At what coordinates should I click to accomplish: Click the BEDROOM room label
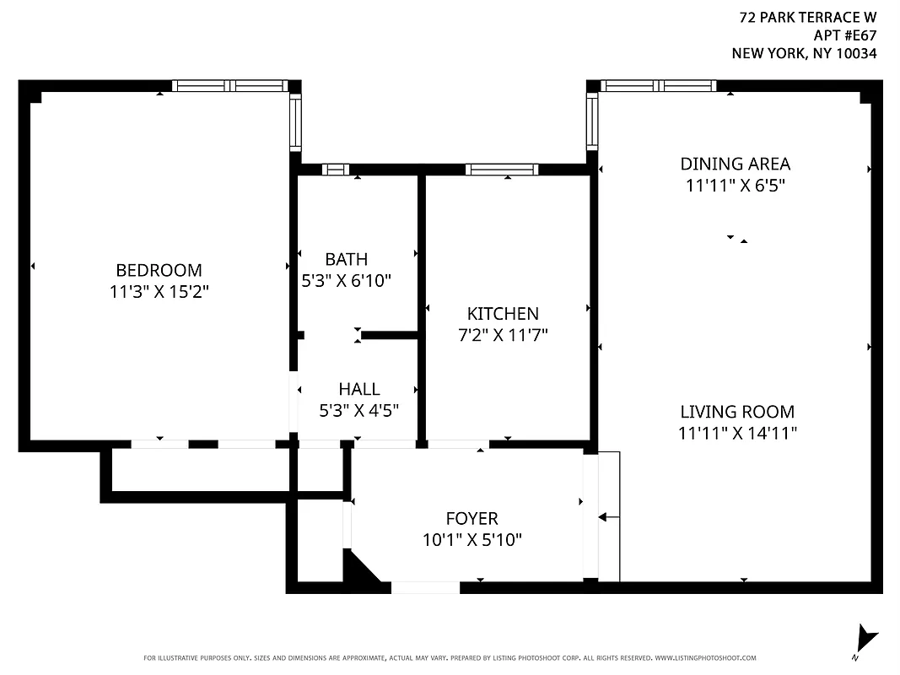[159, 270]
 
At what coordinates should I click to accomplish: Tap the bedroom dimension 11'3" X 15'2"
[159, 292]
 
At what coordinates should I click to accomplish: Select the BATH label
[346, 259]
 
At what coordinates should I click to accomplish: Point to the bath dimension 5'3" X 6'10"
[346, 281]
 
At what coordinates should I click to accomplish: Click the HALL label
[358, 389]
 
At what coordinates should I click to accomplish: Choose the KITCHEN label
[503, 314]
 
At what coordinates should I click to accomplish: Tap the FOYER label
[472, 518]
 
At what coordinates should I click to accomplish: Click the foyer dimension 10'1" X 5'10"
[472, 540]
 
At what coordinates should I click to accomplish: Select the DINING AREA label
[736, 164]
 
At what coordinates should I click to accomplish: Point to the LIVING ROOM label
[737, 412]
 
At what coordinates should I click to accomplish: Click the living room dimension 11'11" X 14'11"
[737, 434]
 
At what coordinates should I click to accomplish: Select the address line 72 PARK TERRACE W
[807, 17]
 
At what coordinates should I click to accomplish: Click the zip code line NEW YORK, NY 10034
[804, 53]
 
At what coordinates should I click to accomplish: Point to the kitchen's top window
[501, 170]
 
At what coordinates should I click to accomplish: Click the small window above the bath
[336, 170]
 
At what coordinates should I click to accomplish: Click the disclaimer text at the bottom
[450, 658]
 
